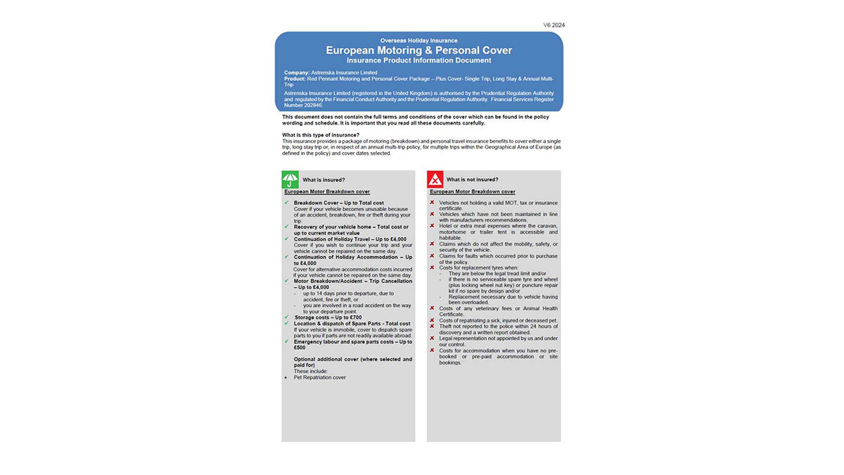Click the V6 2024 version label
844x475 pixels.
tap(554, 25)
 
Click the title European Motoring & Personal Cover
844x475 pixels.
tap(418, 51)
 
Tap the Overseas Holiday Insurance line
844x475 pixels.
tap(418, 41)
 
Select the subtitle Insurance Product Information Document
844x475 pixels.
tap(418, 61)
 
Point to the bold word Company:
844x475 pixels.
tap(297, 72)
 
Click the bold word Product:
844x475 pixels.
tap(295, 79)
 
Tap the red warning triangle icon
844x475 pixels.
tap(435, 179)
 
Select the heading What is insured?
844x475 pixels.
tap(324, 180)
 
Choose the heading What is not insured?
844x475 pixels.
tap(472, 180)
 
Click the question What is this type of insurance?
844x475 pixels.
tap(321, 134)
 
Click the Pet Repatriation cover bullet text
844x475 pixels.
tap(320, 377)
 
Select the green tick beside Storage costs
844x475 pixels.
tap(287, 317)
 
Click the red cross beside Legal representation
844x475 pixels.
tap(432, 338)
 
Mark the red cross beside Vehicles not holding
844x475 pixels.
tap(432, 203)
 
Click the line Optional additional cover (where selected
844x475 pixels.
tap(353, 359)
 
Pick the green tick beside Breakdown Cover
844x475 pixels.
tap(287, 203)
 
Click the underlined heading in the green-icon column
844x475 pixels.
tap(327, 191)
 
